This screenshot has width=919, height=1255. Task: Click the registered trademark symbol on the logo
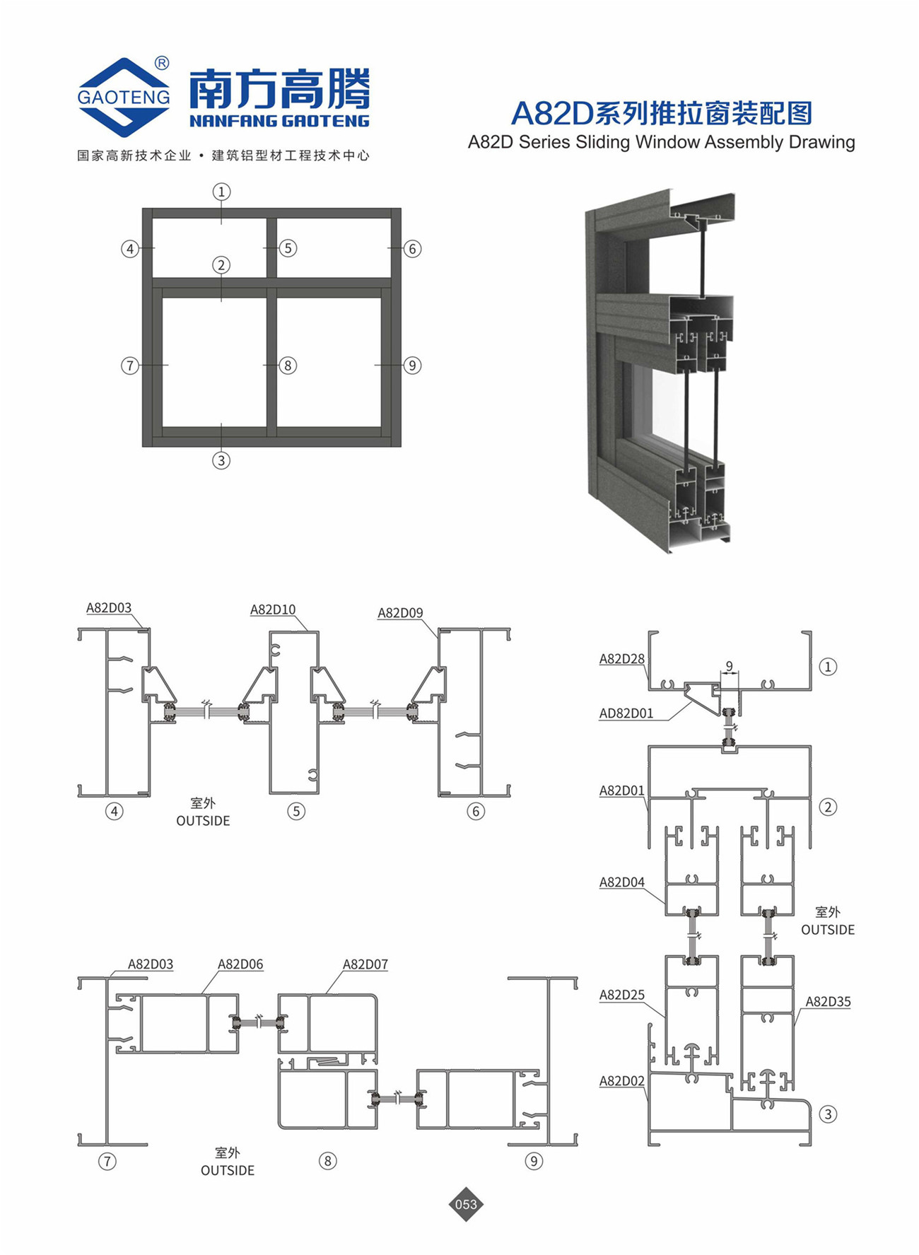[x=161, y=63]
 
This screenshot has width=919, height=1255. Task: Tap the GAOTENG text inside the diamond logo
[x=124, y=97]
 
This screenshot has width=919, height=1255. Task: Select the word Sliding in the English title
[x=602, y=142]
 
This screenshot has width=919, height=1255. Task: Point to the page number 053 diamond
[x=466, y=1203]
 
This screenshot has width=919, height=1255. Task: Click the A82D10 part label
[x=273, y=609]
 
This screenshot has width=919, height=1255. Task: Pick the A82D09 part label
[x=400, y=613]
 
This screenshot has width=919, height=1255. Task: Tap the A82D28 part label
[x=622, y=659]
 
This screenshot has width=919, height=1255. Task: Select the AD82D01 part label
[x=626, y=713]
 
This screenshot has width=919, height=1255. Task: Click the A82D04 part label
[x=622, y=882]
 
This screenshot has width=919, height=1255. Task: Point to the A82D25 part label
[x=622, y=995]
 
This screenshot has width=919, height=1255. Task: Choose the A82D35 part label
[x=829, y=1001]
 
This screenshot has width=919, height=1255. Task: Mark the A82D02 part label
[x=622, y=1081]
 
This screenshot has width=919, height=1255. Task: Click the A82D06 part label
[x=240, y=964]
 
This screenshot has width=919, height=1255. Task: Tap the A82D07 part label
[x=365, y=964]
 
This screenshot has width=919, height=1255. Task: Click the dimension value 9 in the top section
[x=730, y=666]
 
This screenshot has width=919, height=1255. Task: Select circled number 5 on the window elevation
[x=287, y=248]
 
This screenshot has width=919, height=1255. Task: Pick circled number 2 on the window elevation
[x=221, y=265]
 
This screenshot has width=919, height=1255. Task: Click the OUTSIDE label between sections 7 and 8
[x=228, y=1170]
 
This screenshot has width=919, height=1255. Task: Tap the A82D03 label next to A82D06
[x=151, y=964]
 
